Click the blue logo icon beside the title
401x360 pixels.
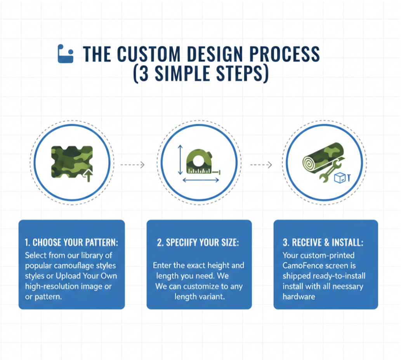pyautogui.click(x=65, y=54)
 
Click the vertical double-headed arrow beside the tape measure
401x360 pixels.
pyautogui.click(x=180, y=160)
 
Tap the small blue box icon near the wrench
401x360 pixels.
pyautogui.click(x=340, y=177)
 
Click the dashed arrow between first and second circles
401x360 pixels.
pyautogui.click(x=132, y=165)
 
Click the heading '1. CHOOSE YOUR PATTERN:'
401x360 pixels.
pyautogui.click(x=71, y=243)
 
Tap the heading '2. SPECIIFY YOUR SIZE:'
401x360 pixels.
pyautogui.click(x=198, y=243)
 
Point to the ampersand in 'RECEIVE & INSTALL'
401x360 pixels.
pyautogui.click(x=325, y=243)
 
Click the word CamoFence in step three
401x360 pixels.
pyautogui.click(x=301, y=266)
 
